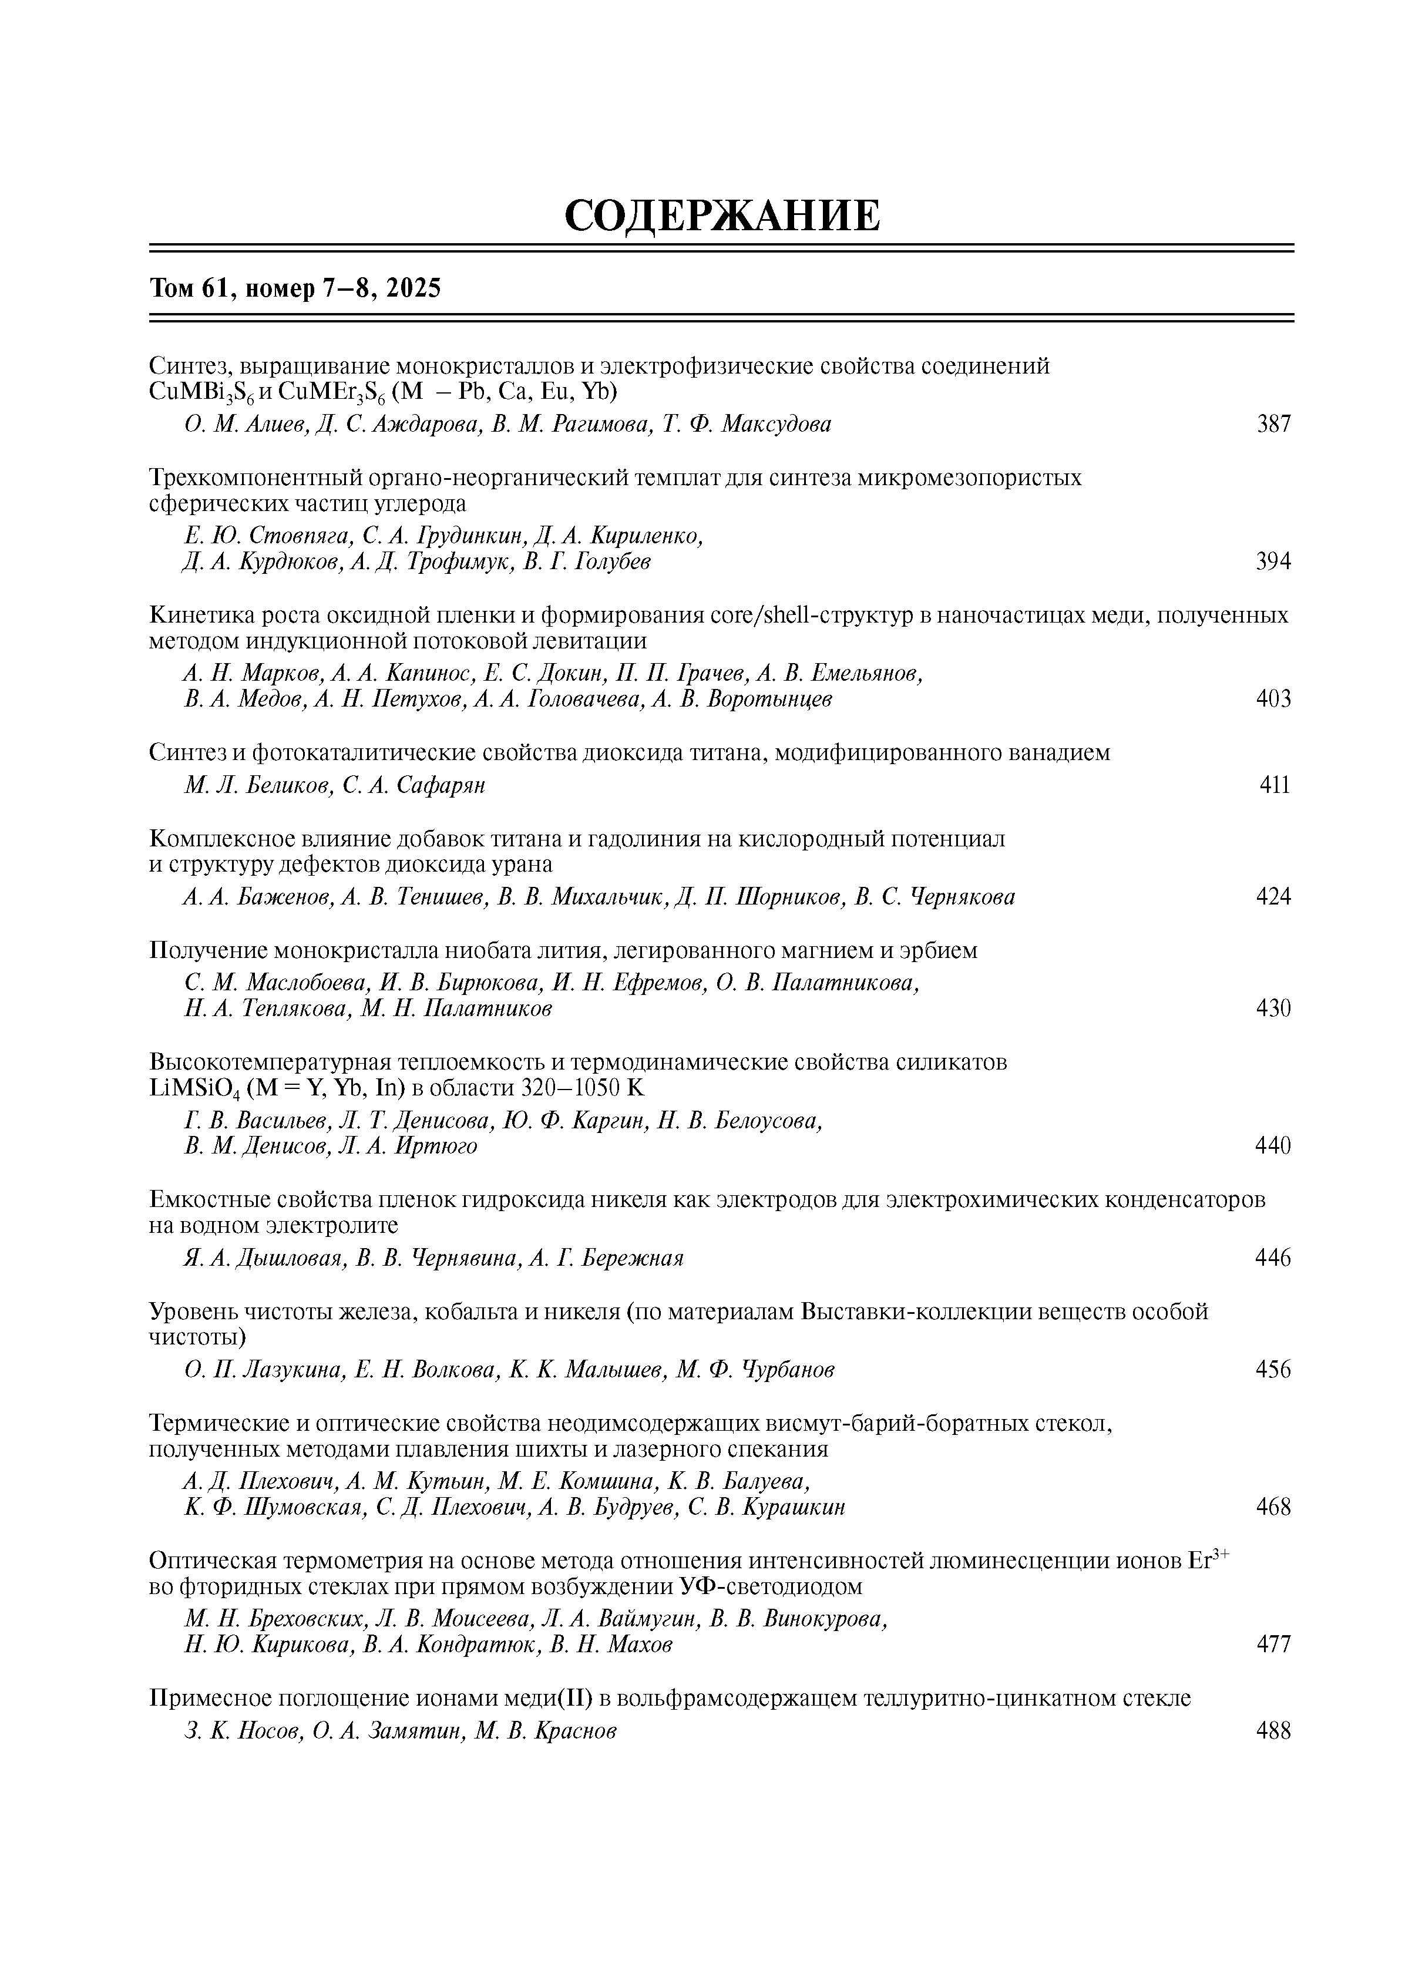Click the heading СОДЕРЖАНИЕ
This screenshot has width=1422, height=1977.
(722, 216)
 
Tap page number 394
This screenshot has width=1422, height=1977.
(1273, 562)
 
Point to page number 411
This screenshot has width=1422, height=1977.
(1275, 785)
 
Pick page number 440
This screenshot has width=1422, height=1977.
(1273, 1145)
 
